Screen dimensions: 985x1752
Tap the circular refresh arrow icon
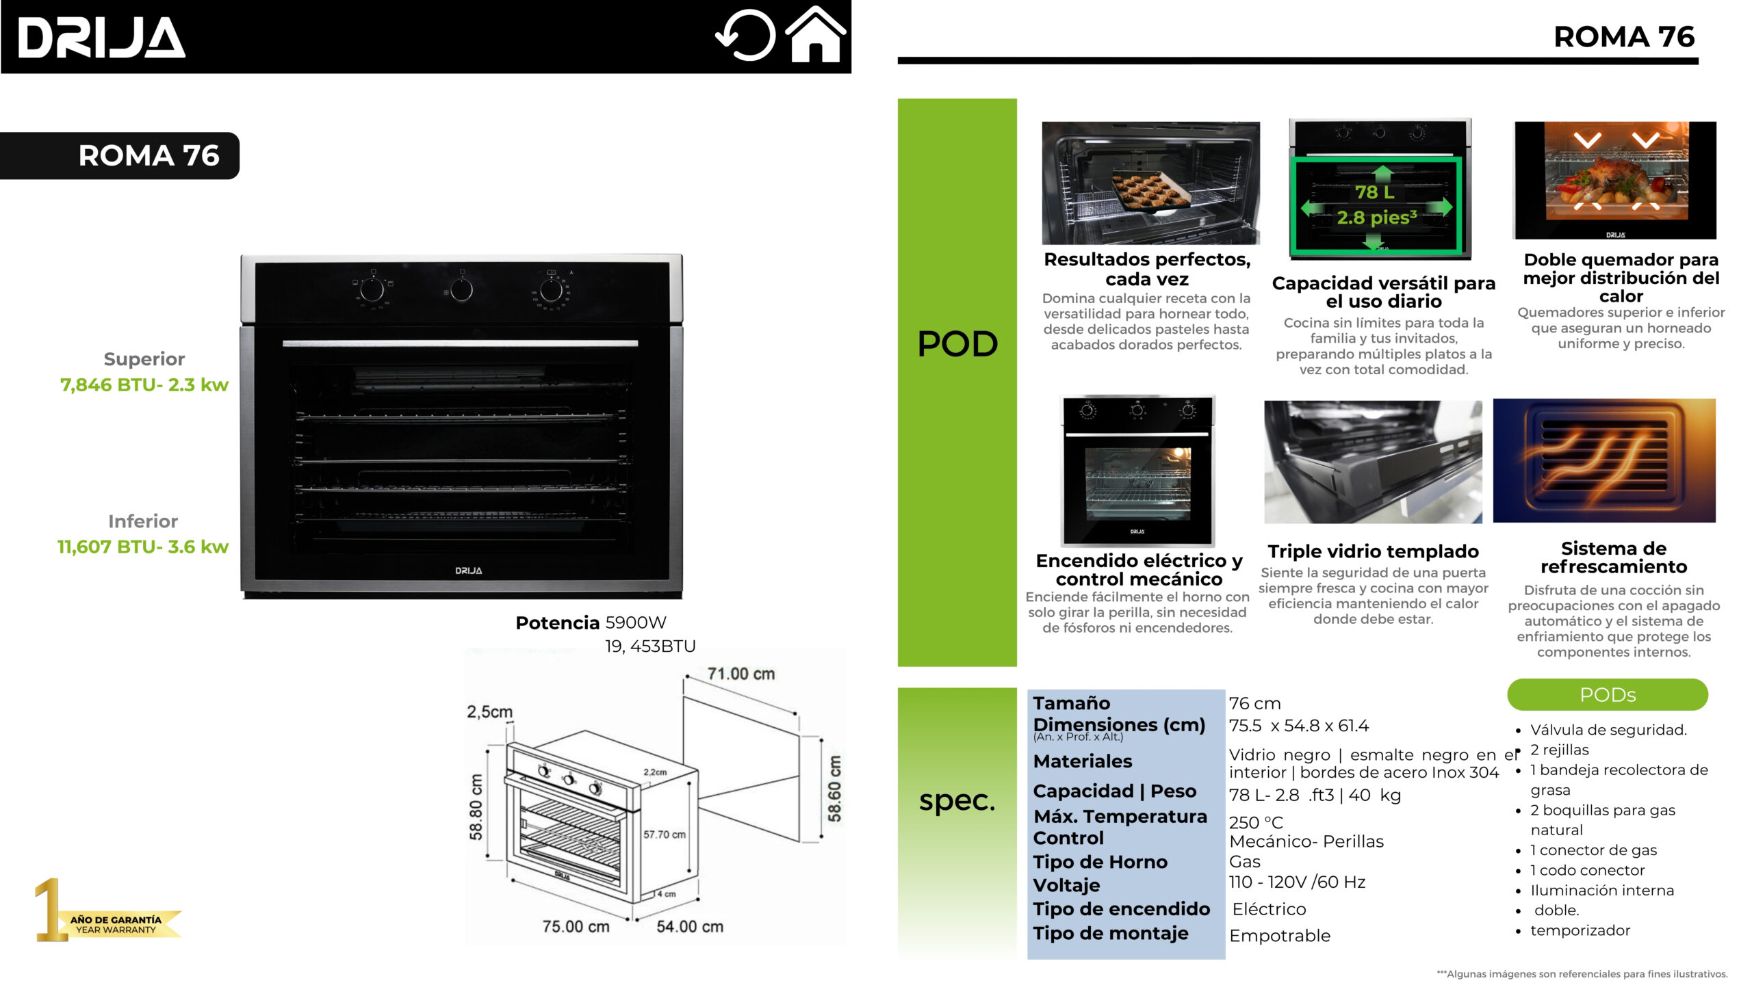745,36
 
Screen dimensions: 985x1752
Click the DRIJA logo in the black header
101,38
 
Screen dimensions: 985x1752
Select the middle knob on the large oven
461,290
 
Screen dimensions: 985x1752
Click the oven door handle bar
460,343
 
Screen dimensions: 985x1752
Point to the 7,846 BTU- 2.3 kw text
144,385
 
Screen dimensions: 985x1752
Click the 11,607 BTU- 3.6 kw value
143,547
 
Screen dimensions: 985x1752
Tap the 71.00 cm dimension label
741,674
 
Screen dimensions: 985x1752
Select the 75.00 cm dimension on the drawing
576,927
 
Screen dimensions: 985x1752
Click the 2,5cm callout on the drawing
489,712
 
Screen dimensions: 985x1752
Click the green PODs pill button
1608,695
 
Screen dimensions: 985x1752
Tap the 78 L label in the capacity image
1374,192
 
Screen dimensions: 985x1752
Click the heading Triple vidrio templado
1373,551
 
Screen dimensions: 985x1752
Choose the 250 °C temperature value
1256,822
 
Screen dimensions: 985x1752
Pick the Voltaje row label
1066,885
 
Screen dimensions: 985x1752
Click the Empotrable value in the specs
1280,936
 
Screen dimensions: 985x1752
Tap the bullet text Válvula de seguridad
1608,730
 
